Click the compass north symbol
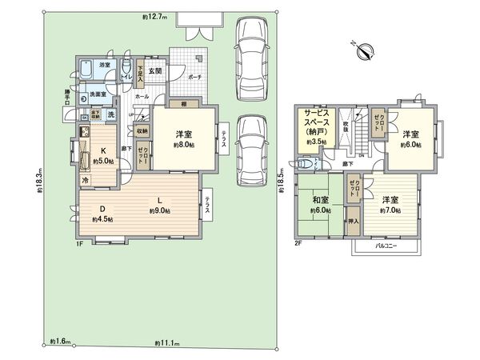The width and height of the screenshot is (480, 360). click(365, 50)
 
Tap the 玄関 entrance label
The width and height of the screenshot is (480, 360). click(154, 71)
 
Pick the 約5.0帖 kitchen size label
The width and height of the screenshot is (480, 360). click(102, 161)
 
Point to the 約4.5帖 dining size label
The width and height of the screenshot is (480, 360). click(101, 218)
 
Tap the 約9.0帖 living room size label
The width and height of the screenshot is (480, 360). click(158, 210)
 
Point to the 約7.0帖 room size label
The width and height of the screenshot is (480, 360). click(389, 210)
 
